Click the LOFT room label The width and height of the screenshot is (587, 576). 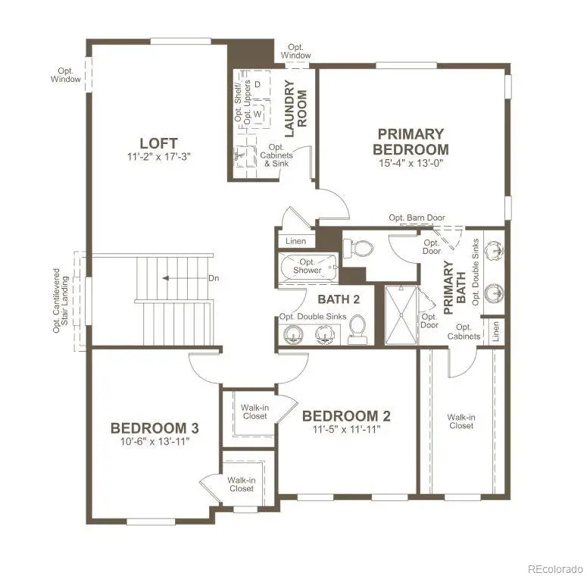pos(158,143)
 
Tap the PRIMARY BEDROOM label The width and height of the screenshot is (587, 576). pos(411,142)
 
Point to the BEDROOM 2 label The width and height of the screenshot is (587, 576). pos(346,415)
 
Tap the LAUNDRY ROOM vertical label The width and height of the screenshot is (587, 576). pos(295,107)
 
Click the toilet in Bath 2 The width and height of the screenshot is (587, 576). pos(357,330)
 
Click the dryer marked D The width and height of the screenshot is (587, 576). pos(258,83)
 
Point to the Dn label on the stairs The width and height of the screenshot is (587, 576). pos(214,278)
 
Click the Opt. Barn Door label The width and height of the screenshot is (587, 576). pos(417,218)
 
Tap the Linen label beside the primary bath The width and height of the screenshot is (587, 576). pos(495,331)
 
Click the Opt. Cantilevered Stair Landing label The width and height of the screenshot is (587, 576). pos(60,299)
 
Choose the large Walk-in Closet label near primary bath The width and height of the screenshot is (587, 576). pos(461,421)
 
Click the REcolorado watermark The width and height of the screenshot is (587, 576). pos(554,567)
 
